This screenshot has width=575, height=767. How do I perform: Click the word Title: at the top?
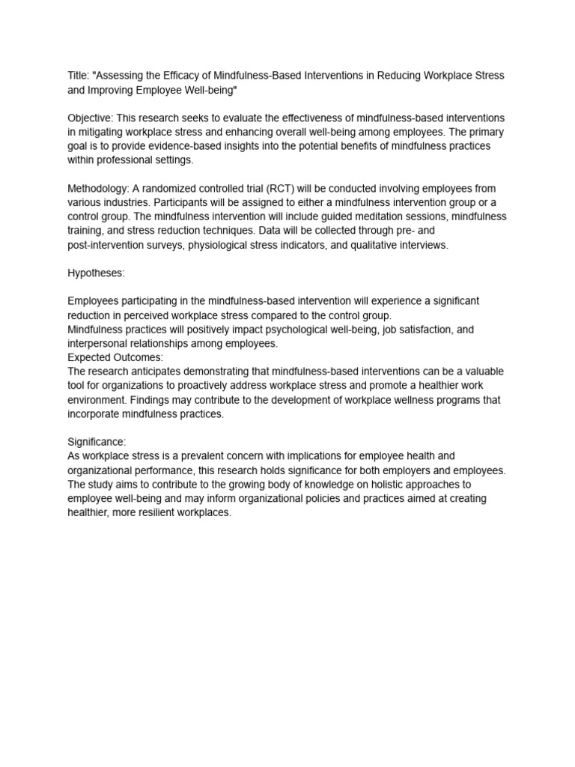[x=79, y=76]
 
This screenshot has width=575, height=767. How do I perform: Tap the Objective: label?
[x=93, y=118]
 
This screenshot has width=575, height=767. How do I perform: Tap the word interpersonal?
[x=98, y=344]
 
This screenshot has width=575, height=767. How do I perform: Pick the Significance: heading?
[x=97, y=442]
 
